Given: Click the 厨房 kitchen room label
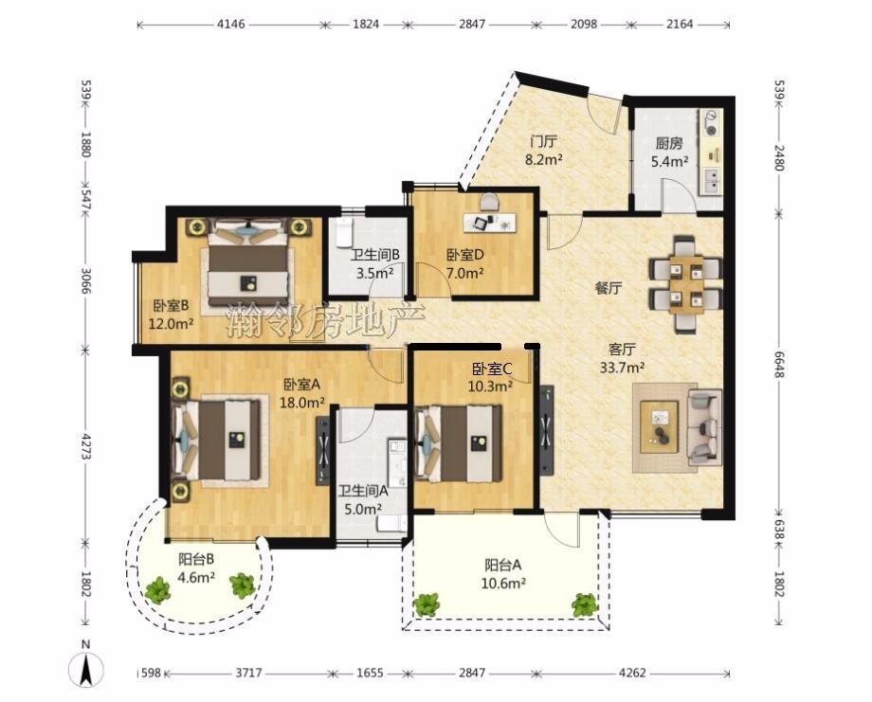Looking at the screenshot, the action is (668, 143).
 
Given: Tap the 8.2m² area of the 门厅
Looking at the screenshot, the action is (543, 160).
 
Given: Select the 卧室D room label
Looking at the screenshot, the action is (465, 255).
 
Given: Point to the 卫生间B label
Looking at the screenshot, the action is (375, 255).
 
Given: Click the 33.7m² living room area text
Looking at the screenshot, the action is (623, 368).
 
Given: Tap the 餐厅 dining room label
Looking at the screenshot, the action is (609, 288).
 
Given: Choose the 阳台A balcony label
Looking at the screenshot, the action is (502, 566).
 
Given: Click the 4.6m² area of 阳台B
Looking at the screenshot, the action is (196, 578).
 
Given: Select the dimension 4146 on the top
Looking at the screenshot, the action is (230, 25).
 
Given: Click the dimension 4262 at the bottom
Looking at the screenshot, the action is (632, 673).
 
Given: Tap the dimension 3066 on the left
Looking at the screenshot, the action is (85, 281).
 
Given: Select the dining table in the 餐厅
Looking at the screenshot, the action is (685, 284).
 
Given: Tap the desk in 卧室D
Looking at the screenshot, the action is (489, 222).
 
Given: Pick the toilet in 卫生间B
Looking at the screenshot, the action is (344, 233).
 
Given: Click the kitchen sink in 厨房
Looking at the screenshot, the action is (711, 180).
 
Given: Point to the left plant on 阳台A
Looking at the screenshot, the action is (427, 604).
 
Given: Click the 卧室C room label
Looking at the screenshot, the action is (492, 369).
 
